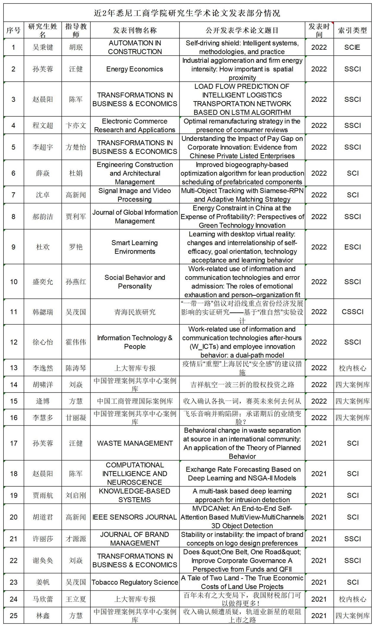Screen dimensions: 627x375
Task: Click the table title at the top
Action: [x=187, y=13]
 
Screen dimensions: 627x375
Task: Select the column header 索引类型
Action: [x=352, y=30]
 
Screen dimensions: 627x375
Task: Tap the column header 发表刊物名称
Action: [x=135, y=30]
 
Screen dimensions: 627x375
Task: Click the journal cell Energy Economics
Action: [x=135, y=69]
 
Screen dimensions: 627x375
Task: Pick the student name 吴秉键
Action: [x=43, y=47]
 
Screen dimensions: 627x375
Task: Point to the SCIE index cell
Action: [x=352, y=47]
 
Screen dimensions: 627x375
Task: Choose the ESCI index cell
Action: [x=352, y=247]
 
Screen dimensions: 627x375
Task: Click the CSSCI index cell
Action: [x=352, y=312]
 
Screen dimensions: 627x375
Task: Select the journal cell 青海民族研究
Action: [x=135, y=312]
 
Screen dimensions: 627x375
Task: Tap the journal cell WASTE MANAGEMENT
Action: [x=135, y=443]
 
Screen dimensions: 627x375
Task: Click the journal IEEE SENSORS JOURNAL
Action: [x=135, y=517]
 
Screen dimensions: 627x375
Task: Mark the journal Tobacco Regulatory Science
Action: [x=135, y=582]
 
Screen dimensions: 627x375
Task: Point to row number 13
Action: [x=14, y=368]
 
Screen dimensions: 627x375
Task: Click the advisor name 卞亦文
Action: [x=76, y=125]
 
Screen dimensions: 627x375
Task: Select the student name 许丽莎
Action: [x=43, y=539]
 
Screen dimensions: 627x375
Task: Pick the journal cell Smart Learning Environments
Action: [x=135, y=247]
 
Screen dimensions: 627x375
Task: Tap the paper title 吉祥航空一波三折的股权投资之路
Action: [x=242, y=385]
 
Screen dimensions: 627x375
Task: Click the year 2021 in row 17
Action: [x=319, y=443]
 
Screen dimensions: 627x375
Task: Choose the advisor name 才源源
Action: [x=76, y=539]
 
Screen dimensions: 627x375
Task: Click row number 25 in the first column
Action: [x=14, y=616]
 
